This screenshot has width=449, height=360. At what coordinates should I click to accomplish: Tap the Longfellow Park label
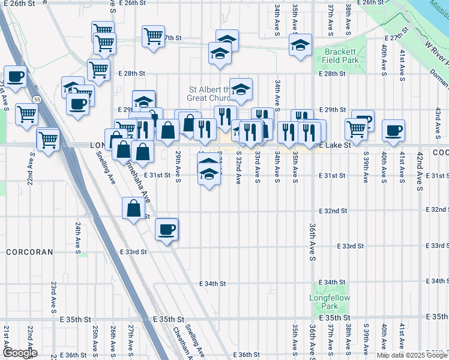coord(325,301)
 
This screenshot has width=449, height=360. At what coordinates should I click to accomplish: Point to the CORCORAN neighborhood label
coord(29,253)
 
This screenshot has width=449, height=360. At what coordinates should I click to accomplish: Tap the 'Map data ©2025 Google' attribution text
coord(412,355)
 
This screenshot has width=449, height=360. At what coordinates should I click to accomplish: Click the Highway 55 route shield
coord(37,99)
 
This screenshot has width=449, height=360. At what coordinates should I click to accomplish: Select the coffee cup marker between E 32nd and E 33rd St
coord(167,228)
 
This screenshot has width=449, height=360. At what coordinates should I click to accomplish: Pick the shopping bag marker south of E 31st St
coord(133,208)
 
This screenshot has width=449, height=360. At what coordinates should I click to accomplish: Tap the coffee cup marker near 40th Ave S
coord(394,130)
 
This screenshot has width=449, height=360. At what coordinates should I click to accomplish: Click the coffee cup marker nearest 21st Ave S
coord(15,76)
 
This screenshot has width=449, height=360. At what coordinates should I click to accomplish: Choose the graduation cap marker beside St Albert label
coord(241,89)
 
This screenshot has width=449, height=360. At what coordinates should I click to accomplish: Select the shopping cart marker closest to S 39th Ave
coord(357,128)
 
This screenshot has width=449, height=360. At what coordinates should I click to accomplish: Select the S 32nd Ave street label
coord(238,167)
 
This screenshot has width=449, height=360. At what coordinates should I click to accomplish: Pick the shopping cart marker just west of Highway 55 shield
coord(26,112)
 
